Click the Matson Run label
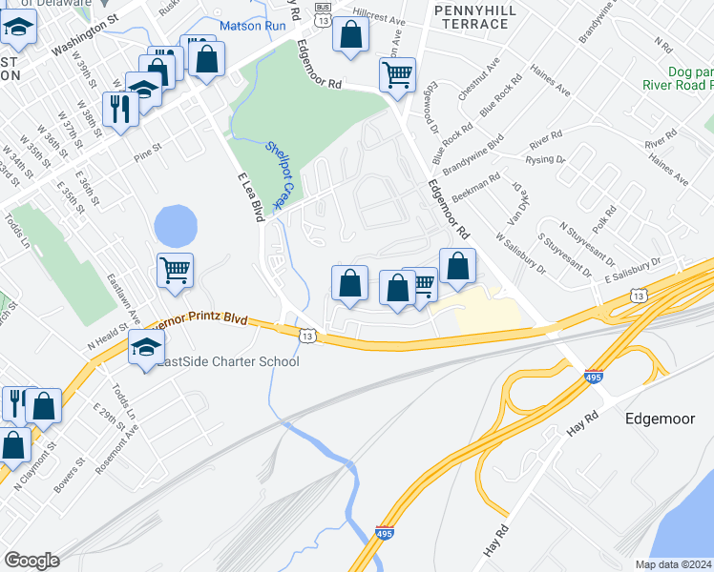tap(253, 26)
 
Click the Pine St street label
tap(149, 153)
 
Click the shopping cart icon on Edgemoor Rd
tap(397, 73)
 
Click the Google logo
tap(31, 561)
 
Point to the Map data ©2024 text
tap(673, 564)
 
